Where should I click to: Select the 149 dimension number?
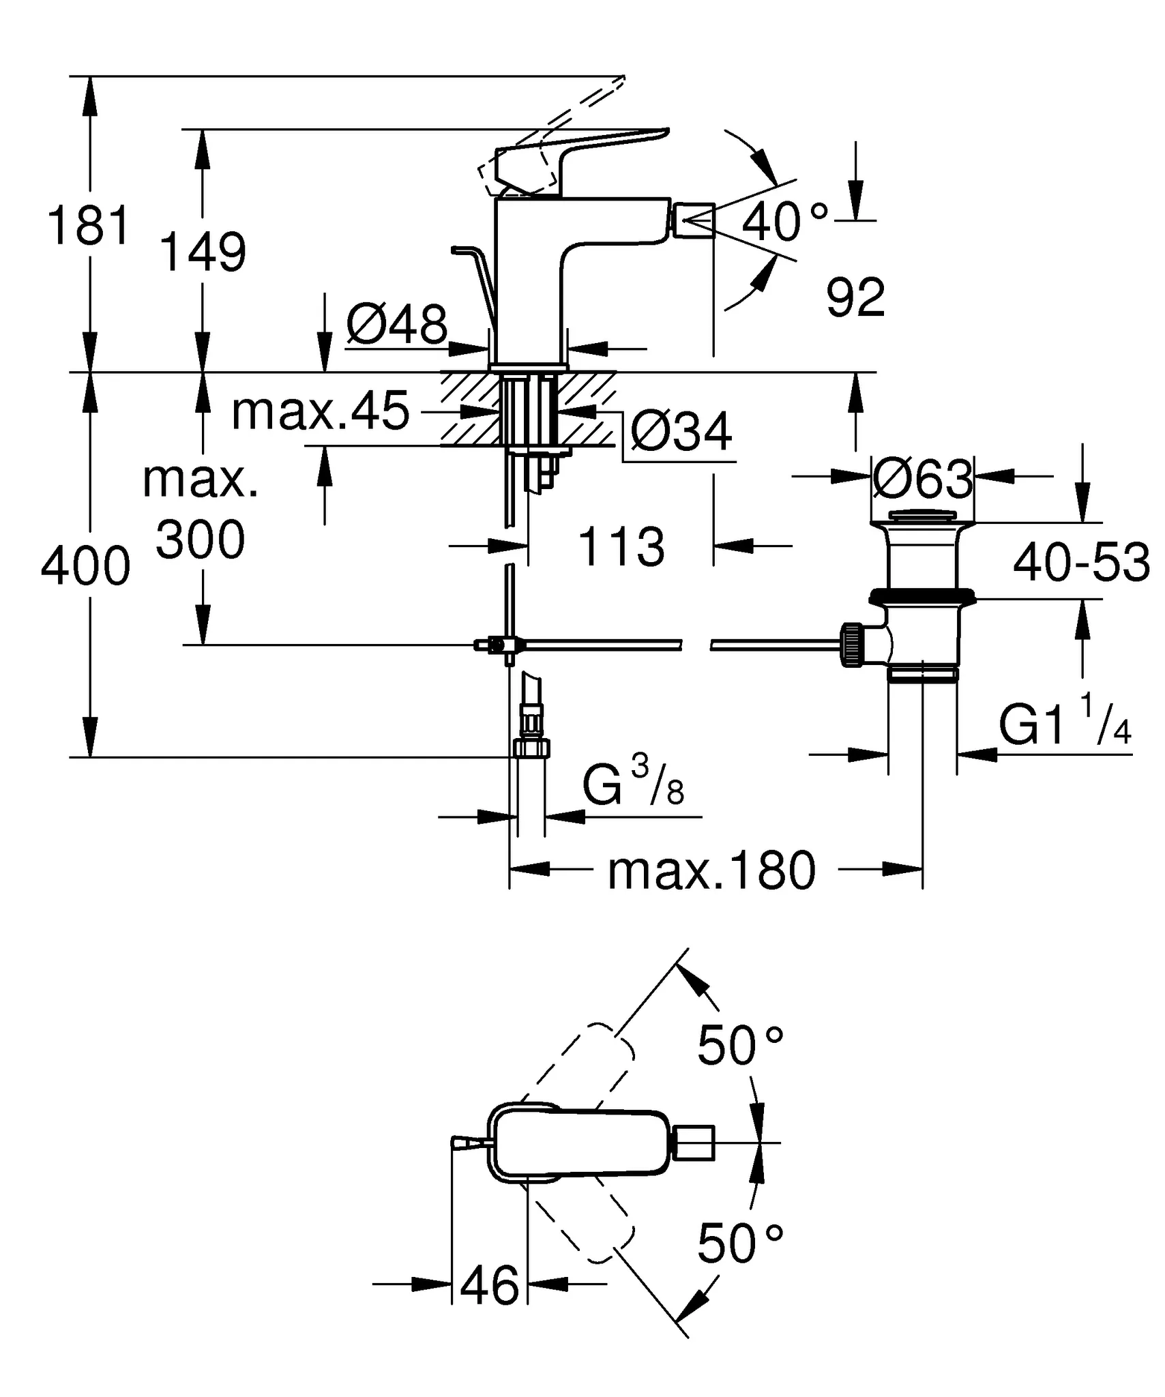tap(203, 252)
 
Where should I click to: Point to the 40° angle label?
tap(784, 222)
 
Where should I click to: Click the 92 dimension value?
tap(855, 298)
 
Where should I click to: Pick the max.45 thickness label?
tap(321, 411)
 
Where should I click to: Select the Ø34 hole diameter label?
tap(681, 432)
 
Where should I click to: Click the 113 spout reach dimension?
tap(621, 546)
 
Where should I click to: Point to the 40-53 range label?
tap(1081, 563)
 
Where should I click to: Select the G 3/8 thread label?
tap(633, 786)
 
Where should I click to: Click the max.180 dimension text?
tap(711, 871)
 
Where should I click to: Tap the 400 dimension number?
tap(85, 566)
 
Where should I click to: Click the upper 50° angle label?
tap(740, 1046)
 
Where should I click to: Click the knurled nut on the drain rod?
tap(852, 644)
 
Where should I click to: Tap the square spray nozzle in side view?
tap(694, 220)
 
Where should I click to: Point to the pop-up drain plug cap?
tap(922, 516)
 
